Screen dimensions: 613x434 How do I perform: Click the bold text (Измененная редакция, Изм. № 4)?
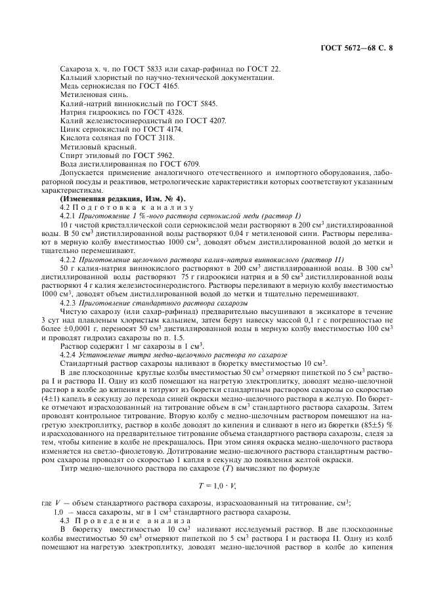click(123, 198)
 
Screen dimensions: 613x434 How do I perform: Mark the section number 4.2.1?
click(68, 215)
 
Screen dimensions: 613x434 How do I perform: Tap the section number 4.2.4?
click(68, 354)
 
